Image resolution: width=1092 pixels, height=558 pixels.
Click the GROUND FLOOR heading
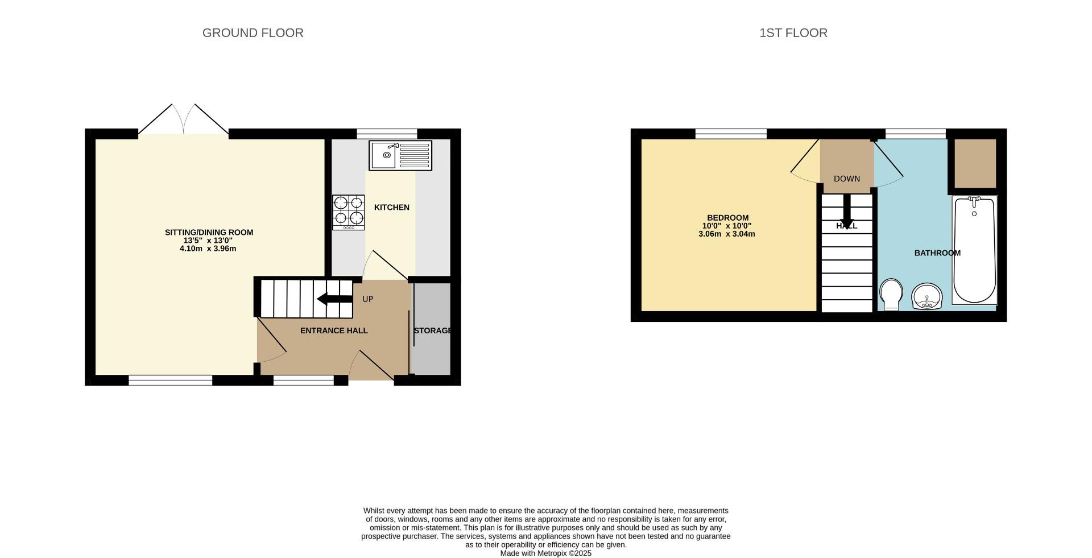pyautogui.click(x=253, y=33)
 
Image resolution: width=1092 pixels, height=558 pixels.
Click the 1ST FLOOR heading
pyautogui.click(x=793, y=33)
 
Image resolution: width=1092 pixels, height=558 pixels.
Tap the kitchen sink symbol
pyautogui.click(x=400, y=155)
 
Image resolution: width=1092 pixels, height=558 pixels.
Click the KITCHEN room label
pyautogui.click(x=391, y=208)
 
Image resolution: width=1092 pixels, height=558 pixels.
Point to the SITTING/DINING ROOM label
pyautogui.click(x=209, y=232)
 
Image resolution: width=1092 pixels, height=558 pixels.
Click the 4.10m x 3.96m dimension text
pyautogui.click(x=208, y=249)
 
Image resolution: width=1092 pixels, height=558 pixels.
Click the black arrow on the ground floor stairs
pyautogui.click(x=335, y=299)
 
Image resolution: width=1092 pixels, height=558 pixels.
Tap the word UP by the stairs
pyautogui.click(x=367, y=299)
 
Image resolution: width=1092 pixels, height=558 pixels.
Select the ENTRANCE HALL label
pyautogui.click(x=334, y=330)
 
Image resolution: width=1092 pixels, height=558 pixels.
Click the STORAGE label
pyautogui.click(x=432, y=330)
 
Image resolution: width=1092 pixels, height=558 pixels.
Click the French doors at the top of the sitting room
pyautogui.click(x=183, y=120)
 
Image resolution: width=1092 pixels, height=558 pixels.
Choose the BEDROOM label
pyautogui.click(x=727, y=218)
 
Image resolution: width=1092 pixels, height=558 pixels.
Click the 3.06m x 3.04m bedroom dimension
pyautogui.click(x=726, y=234)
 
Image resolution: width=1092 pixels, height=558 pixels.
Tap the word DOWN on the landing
pyautogui.click(x=846, y=179)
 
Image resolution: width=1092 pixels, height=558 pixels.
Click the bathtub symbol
pyautogui.click(x=974, y=250)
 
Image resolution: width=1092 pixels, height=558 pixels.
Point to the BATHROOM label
pyautogui.click(x=937, y=253)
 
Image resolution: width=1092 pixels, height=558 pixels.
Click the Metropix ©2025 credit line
pyautogui.click(x=545, y=553)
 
